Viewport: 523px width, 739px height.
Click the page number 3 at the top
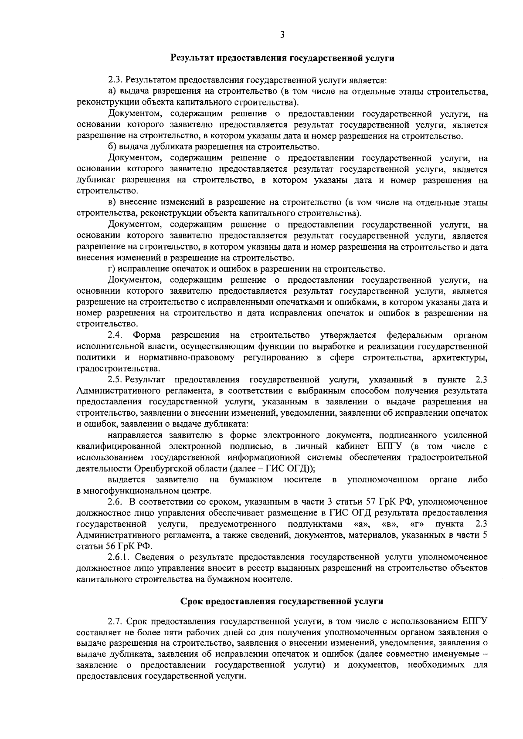point(282,35)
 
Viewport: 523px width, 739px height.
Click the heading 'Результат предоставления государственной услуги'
point(282,58)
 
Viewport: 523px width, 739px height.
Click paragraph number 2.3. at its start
point(115,80)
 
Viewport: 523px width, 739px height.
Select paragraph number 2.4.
point(114,335)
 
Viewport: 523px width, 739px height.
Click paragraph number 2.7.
point(115,620)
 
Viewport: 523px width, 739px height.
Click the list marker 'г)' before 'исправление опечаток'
point(112,269)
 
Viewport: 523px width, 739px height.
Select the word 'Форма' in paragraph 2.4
point(147,335)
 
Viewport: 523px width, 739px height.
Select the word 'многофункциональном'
point(126,491)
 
